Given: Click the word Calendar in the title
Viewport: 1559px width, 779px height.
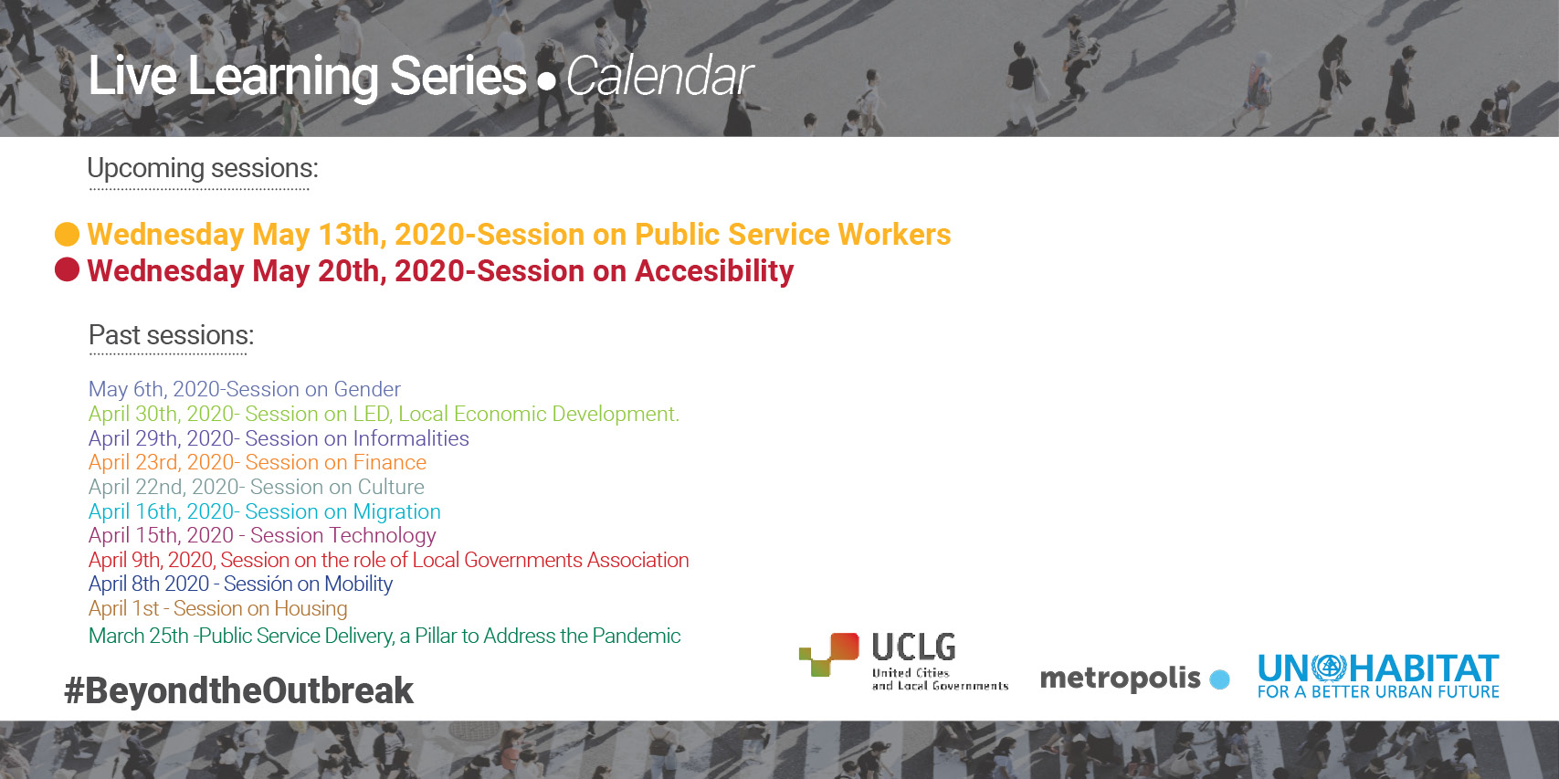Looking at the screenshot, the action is (659, 77).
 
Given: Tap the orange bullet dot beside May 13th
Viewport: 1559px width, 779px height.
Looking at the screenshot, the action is (67, 234).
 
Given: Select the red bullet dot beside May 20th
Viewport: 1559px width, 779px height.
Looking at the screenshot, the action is (67, 269).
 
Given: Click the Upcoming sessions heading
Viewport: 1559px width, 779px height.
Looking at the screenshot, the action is (203, 168).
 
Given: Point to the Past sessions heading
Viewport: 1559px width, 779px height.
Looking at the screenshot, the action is (171, 335).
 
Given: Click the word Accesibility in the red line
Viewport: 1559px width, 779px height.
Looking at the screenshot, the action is (714, 271).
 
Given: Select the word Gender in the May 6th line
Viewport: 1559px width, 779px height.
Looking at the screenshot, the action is (367, 388).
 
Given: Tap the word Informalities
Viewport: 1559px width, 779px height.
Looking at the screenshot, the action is (411, 438).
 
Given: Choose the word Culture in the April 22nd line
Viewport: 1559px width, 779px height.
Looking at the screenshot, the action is (391, 487).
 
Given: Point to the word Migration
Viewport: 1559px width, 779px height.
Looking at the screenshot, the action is (396, 511).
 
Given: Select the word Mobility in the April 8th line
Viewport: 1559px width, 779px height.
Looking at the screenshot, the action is (358, 584).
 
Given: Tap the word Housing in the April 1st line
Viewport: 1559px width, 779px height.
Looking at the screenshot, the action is (311, 608).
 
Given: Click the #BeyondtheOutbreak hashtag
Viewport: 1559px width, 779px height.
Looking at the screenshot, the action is (238, 690).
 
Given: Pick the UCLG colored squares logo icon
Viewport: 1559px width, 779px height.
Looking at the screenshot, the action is (829, 655).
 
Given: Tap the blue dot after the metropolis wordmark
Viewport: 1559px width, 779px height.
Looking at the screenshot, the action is (1219, 679).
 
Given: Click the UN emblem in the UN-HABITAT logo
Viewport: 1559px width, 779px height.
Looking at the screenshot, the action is (1330, 667).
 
